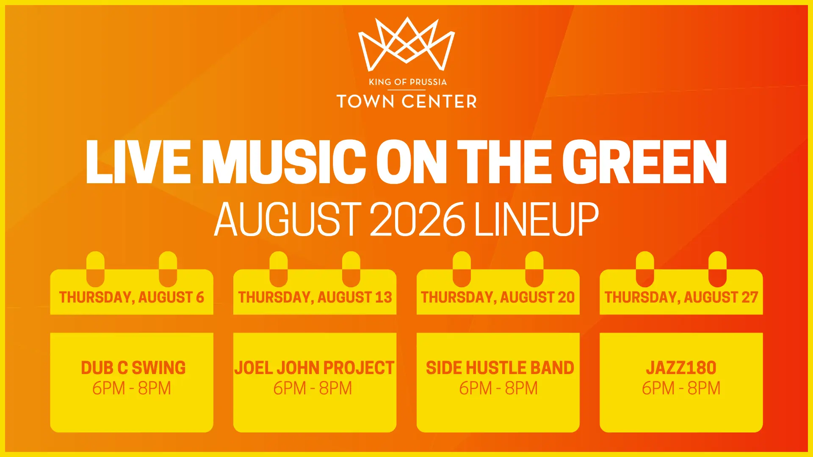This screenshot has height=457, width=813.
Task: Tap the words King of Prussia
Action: coord(407,82)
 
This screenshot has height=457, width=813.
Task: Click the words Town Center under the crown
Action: coord(406,102)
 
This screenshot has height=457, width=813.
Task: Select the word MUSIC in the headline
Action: coord(284,162)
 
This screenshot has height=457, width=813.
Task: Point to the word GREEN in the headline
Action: coord(644,162)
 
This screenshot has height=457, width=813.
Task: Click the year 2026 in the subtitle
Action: coord(417,219)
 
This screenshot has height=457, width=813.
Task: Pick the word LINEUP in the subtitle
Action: coord(536,219)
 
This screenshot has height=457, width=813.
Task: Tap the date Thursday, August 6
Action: coord(132,297)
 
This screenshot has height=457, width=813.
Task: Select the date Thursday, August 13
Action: coord(315,297)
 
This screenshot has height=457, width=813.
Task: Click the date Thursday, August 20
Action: coord(498,297)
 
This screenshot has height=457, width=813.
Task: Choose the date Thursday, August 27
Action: coord(681,297)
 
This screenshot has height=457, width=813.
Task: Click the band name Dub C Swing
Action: coord(133,368)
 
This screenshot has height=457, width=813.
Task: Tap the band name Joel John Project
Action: coord(315,368)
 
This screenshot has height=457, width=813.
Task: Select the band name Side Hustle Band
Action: coord(500,368)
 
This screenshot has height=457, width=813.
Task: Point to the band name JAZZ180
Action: coord(681,368)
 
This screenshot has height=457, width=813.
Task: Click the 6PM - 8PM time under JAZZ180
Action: coord(681,388)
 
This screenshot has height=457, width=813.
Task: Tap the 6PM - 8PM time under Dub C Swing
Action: coord(132,388)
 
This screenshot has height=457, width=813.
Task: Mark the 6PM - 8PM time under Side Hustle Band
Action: coord(498,388)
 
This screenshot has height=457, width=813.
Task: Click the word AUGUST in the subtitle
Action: coord(288,219)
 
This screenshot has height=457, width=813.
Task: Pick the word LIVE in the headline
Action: coord(138,162)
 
